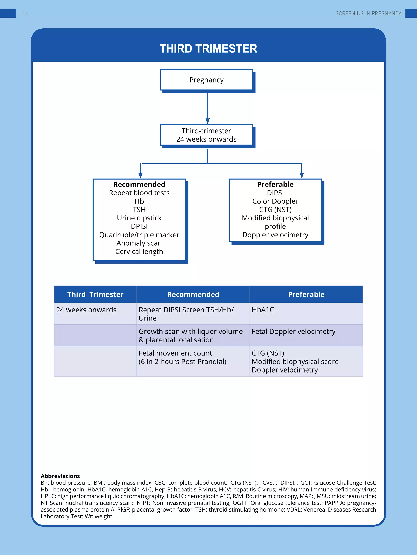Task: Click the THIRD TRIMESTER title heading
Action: click(208, 49)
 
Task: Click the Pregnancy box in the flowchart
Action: click(206, 80)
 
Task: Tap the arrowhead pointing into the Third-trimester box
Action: click(208, 121)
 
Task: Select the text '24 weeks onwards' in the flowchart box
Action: click(206, 139)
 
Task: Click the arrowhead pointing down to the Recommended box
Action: click(140, 175)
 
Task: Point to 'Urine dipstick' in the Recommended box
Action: click(139, 218)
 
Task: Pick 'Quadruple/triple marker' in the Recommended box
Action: click(139, 235)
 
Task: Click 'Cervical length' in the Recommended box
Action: click(139, 251)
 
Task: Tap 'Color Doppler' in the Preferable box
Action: click(275, 201)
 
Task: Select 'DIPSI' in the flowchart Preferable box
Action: click(275, 193)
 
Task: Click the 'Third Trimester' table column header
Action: click(95, 294)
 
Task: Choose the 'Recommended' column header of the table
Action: click(193, 294)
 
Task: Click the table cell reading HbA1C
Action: click(263, 310)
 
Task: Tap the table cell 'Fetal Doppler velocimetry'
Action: click(293, 331)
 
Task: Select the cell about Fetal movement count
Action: click(182, 357)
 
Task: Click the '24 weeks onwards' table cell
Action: click(86, 310)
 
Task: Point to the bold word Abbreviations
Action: click(60, 476)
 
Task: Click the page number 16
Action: click(25, 14)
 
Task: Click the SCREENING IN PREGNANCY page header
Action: click(368, 14)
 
